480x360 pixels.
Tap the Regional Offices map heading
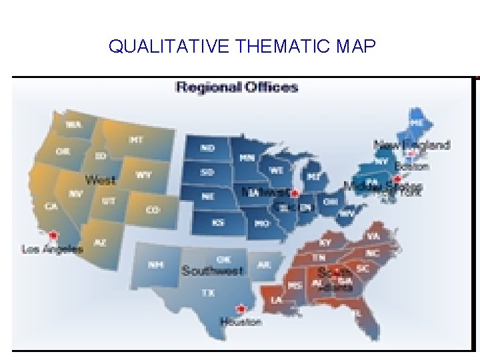[236, 87]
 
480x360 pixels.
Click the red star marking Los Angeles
[53, 235]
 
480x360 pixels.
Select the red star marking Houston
[241, 309]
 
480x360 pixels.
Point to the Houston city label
[241, 321]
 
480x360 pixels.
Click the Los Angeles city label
[53, 249]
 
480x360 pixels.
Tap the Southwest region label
[212, 271]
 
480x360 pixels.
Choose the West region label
[100, 180]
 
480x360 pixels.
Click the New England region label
[411, 144]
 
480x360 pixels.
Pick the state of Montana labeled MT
[136, 140]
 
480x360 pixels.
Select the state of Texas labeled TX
[208, 292]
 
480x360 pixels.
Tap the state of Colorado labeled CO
[153, 209]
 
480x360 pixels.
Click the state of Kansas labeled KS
[218, 222]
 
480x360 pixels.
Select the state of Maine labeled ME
[417, 123]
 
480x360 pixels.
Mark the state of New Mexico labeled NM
[155, 265]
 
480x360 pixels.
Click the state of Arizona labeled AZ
[99, 243]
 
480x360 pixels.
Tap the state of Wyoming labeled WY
[143, 175]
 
